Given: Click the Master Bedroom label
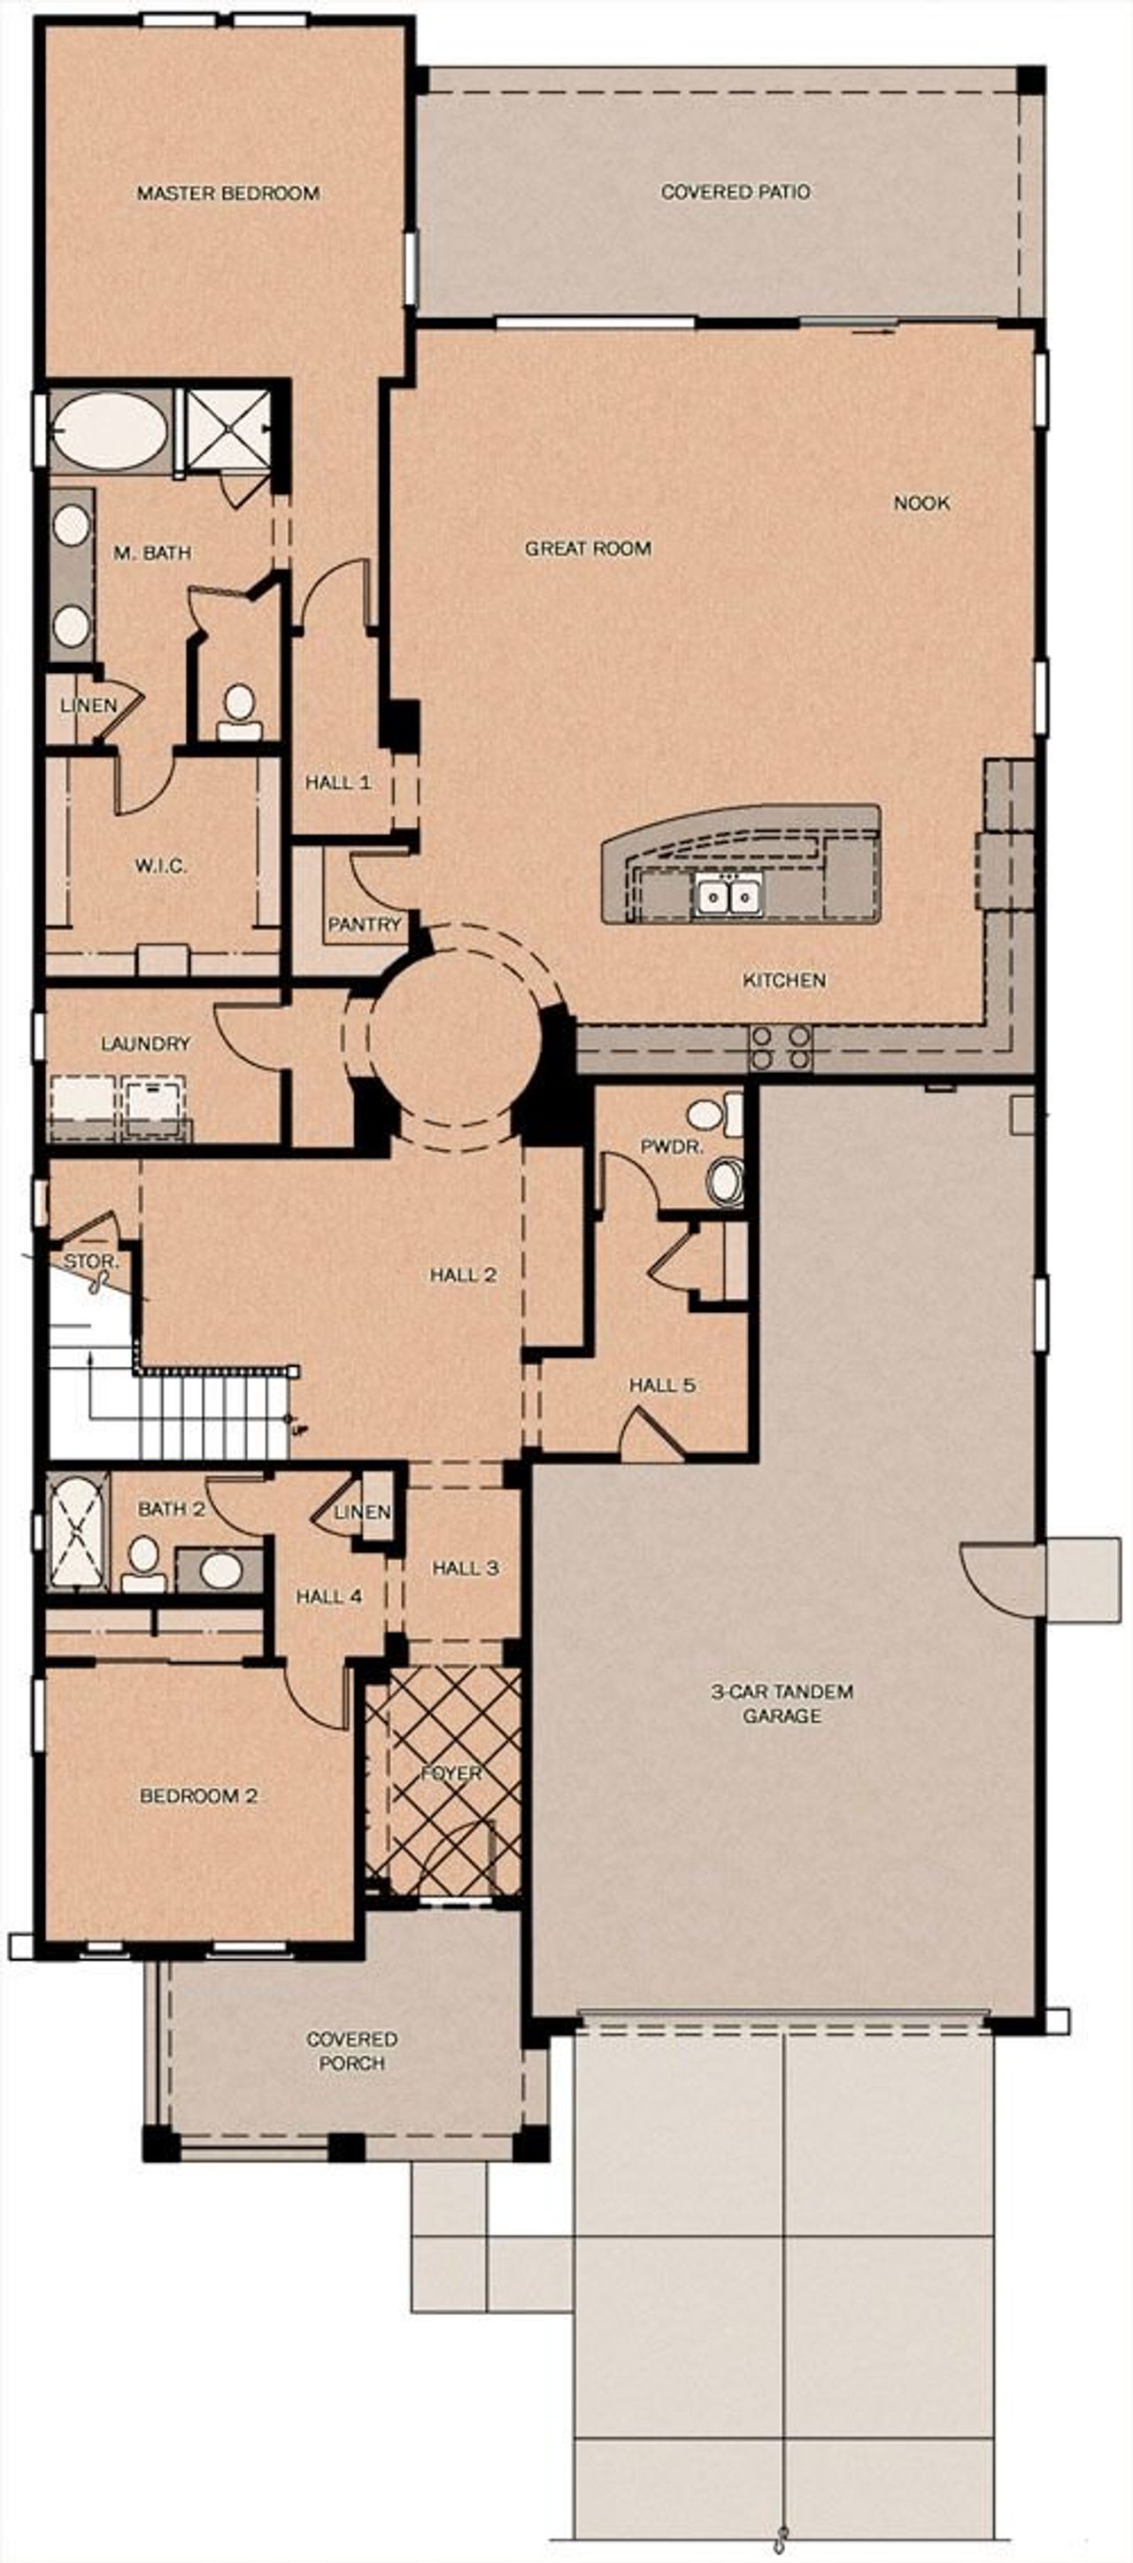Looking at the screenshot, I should [227, 193].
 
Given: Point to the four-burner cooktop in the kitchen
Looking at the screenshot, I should [781, 1047].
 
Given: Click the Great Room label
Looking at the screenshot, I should [588, 548].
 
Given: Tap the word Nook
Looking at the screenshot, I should [921, 503].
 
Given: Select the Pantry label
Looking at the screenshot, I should [364, 924].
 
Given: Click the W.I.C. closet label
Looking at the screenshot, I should [160, 866].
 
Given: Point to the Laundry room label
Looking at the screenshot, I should [145, 1044].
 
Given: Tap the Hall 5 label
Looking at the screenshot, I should [661, 1385].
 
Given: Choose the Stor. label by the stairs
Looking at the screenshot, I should [91, 1262].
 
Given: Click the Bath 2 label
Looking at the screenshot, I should [171, 1509].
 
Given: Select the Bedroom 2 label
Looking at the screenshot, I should [199, 1796].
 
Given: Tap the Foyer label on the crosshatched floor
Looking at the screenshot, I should [451, 1773].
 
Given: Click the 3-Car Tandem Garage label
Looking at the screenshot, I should [782, 1702].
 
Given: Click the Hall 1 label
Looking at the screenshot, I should [338, 783].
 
